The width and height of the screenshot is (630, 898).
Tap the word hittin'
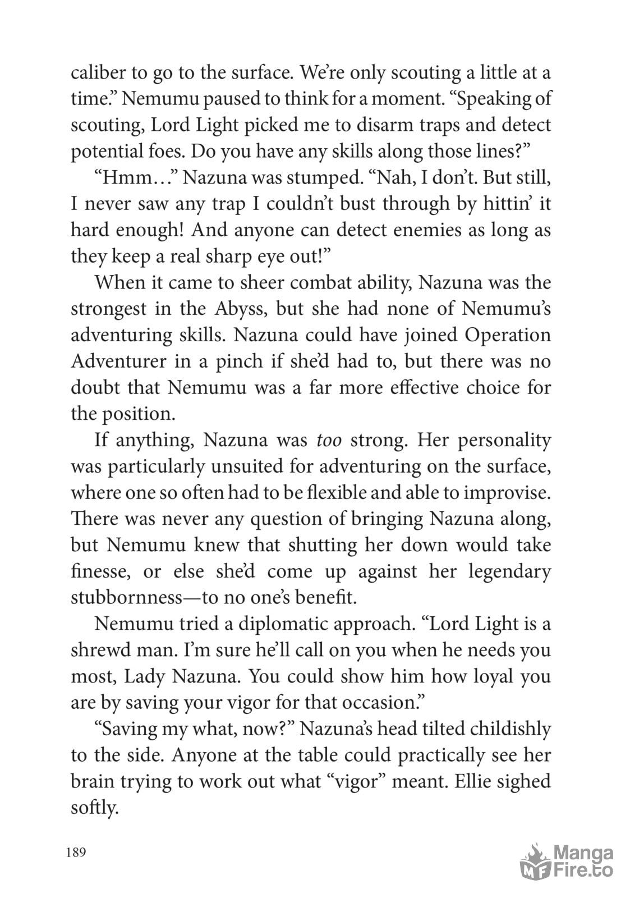pyautogui.click(x=504, y=204)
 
